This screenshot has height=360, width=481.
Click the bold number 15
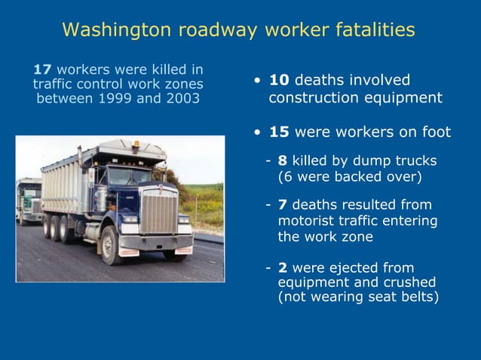pos(280,132)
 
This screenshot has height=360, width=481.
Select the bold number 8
pos(282,160)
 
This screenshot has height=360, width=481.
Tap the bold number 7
pos(282,205)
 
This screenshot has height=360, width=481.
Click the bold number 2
pos(282,267)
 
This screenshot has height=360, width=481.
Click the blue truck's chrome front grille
pos(158,212)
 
